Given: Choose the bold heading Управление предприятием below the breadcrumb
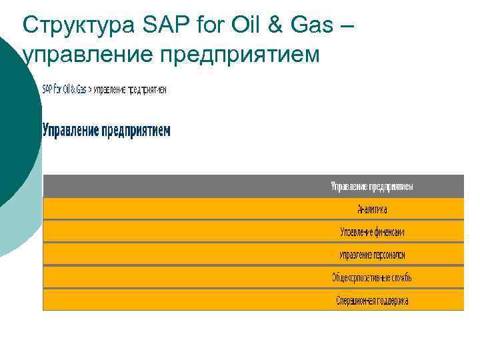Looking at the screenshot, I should coord(107,130).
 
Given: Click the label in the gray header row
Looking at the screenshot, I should coord(372,187).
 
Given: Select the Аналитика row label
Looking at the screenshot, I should coord(372,209).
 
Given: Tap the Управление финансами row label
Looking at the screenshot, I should coord(372,232).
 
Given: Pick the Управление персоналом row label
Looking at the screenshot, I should coord(372,255).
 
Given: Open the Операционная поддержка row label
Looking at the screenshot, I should coord(372,301).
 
